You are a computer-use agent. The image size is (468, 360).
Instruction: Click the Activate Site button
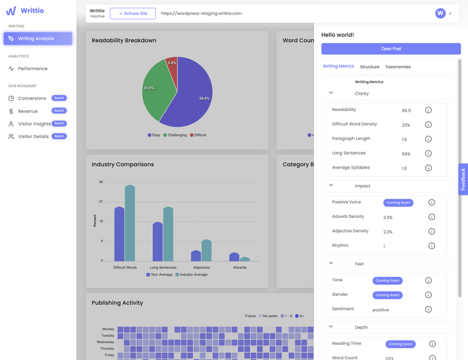pos(133,13)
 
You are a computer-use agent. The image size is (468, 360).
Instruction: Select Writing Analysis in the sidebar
pos(38,38)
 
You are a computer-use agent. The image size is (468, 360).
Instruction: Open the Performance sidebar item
pos(32,68)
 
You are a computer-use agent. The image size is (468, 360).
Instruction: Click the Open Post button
pos(391,49)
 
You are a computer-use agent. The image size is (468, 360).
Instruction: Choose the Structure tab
pos(369,67)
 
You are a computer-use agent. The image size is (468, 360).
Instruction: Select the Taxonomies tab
pos(398,67)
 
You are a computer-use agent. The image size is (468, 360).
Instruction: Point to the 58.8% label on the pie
pos(204,98)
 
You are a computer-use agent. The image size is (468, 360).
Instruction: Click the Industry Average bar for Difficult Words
pos(130,223)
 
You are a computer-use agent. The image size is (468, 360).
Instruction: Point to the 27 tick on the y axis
pos(101,202)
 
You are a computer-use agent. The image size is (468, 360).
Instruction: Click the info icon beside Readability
pos(428,110)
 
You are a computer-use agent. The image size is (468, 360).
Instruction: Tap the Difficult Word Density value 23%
pos(406,125)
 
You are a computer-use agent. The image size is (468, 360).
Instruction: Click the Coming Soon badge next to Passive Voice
pos(398,203)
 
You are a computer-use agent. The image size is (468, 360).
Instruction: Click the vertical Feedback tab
pos(463,179)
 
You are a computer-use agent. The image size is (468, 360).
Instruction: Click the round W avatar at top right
pos(441,13)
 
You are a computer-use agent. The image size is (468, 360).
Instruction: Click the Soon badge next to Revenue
pos(59,111)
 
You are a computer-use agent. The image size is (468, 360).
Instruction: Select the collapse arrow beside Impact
pos(331,185)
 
